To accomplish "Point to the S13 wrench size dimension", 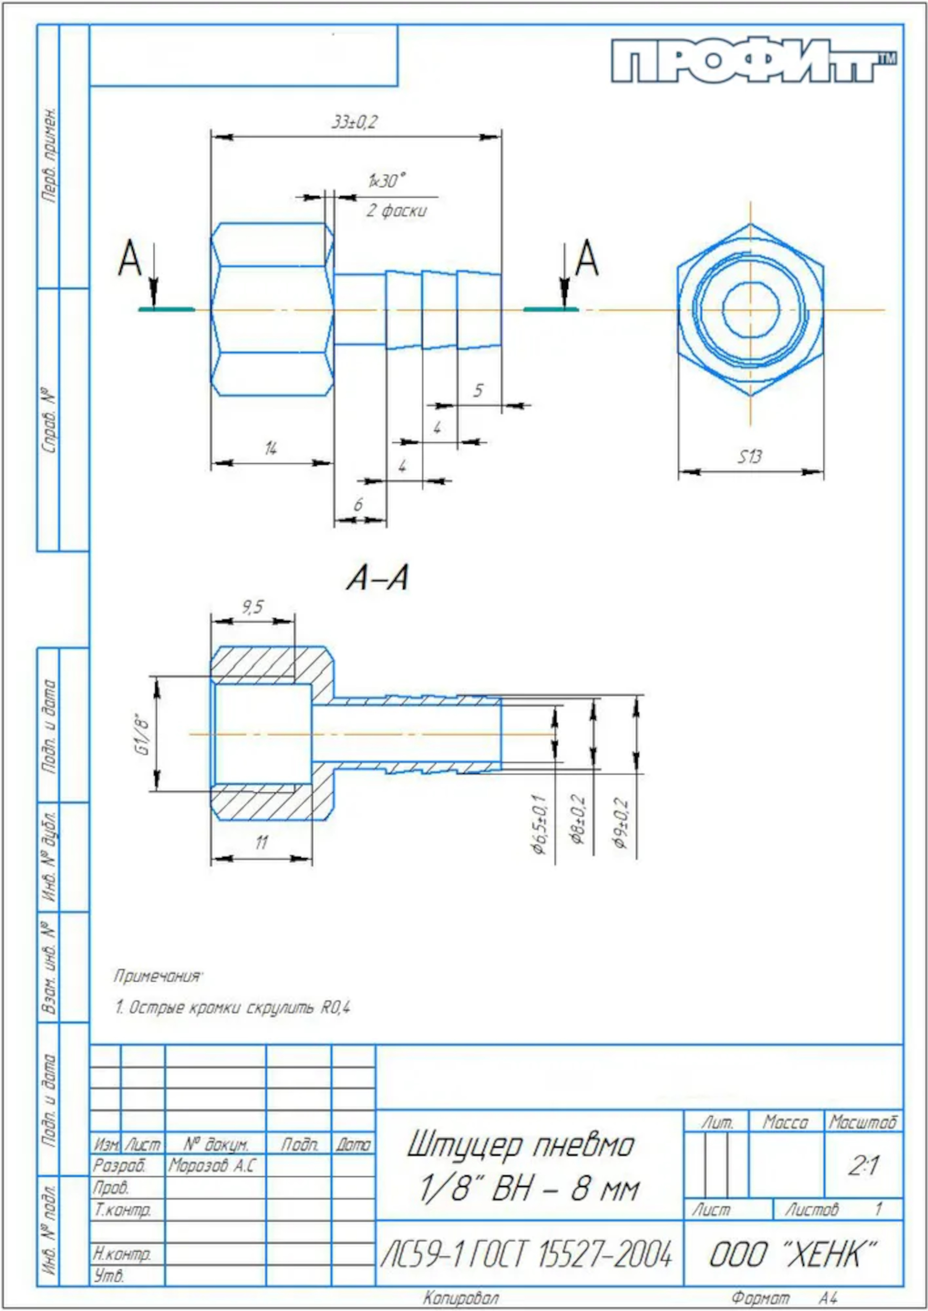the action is pos(749,457).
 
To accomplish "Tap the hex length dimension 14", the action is pos(271,449).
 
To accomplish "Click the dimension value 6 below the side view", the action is pos(358,504).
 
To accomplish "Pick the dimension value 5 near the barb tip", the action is pos(478,390).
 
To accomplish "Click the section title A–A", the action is pos(378,578).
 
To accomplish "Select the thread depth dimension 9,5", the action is pos(252,607).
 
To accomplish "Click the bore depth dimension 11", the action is pos(261,842).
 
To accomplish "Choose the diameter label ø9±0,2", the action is pos(622,823).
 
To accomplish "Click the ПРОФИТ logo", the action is pos(753,60).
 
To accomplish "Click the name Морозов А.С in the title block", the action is pos(212,1166).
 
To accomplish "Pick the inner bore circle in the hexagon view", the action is pos(750,309).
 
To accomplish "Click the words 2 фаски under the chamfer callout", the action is pos(396,211).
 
